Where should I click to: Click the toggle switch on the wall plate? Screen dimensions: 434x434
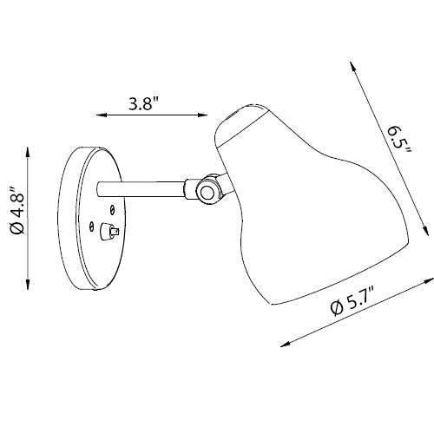click(x=110, y=232)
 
